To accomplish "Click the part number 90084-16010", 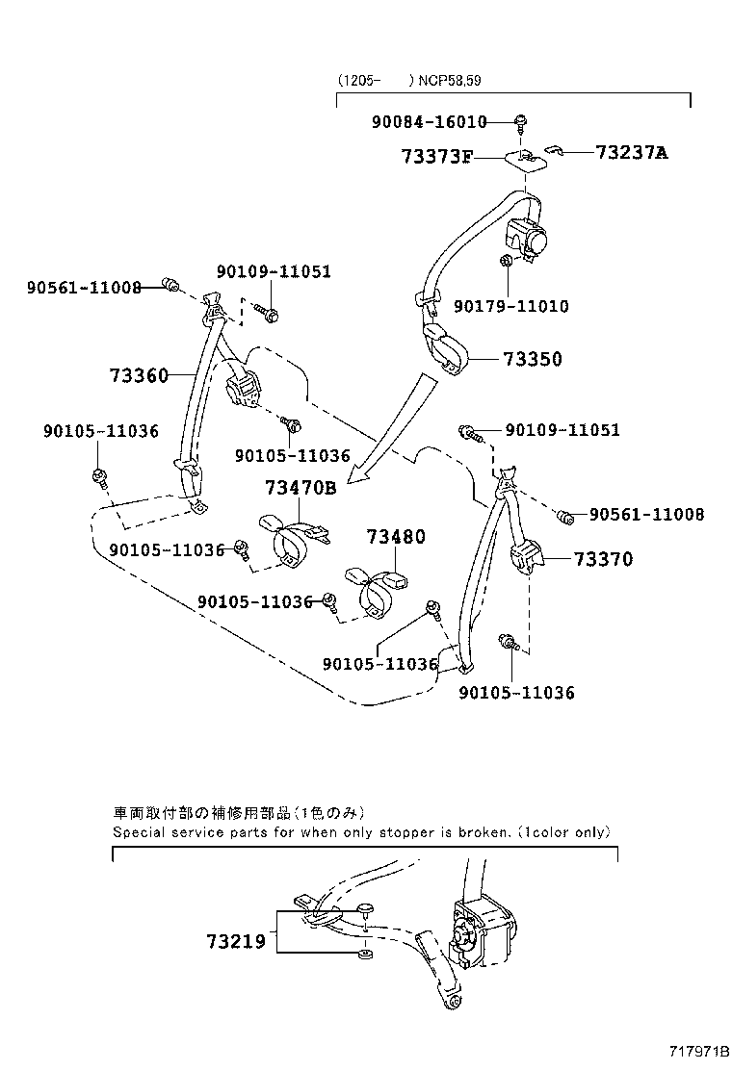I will (429, 122).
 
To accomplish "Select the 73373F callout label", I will (436, 156).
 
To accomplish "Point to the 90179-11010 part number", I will (510, 306).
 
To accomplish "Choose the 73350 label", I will (532, 360).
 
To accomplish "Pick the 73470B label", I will (301, 489).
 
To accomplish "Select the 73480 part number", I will (394, 537).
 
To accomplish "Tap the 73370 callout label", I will (604, 559).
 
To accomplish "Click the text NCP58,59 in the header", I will (448, 81).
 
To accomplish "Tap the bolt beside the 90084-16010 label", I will (521, 121).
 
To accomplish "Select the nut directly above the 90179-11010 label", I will (507, 261).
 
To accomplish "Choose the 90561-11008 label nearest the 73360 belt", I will (84, 287).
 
